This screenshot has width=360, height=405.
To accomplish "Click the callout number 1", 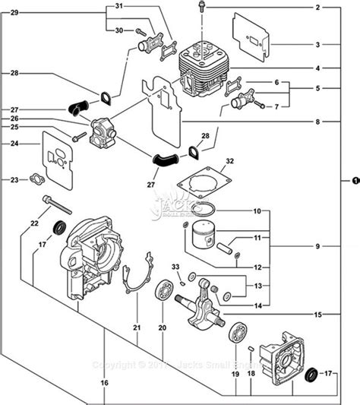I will pyautogui.click(x=354, y=181).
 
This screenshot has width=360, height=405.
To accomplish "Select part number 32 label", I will pyautogui.click(x=230, y=161).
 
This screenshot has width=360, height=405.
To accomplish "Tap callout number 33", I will pyautogui.click(x=175, y=267).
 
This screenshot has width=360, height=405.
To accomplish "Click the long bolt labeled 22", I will pyautogui.click(x=57, y=203).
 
